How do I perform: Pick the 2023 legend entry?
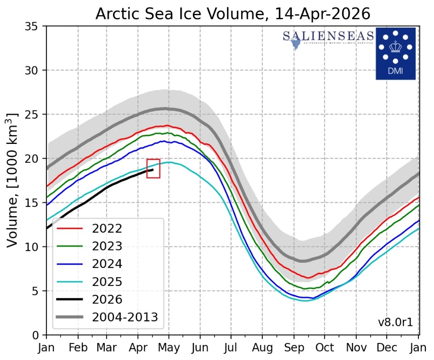point(107,246)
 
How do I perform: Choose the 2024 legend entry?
point(107,263)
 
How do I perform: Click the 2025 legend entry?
point(107,281)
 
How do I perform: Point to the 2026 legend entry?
point(107,299)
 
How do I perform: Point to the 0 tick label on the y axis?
point(36,335)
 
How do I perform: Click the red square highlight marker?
point(153,168)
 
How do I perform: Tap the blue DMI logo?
point(395,53)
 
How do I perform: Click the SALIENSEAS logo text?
point(328,36)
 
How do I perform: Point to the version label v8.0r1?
point(395,322)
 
